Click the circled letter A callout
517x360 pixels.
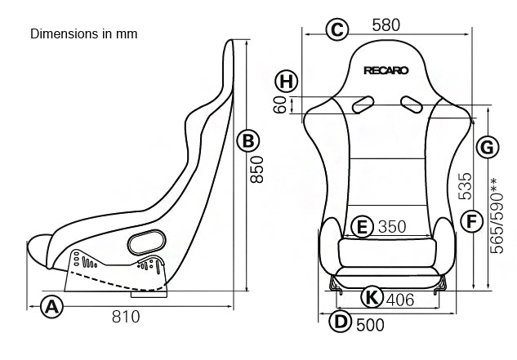[x=52, y=307]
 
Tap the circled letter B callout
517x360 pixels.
[x=248, y=140]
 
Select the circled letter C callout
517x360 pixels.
[x=336, y=29]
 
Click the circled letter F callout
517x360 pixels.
[x=469, y=220]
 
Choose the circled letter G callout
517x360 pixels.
[x=486, y=148]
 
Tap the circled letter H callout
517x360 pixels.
[x=285, y=81]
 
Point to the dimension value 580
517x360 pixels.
[x=386, y=26]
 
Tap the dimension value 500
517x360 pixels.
[x=371, y=325]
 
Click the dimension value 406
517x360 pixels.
[x=399, y=300]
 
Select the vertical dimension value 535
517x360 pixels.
[x=466, y=187]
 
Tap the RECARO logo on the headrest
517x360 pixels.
[x=388, y=70]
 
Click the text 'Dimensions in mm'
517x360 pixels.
[x=83, y=34]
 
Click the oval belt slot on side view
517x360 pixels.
[x=147, y=241]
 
